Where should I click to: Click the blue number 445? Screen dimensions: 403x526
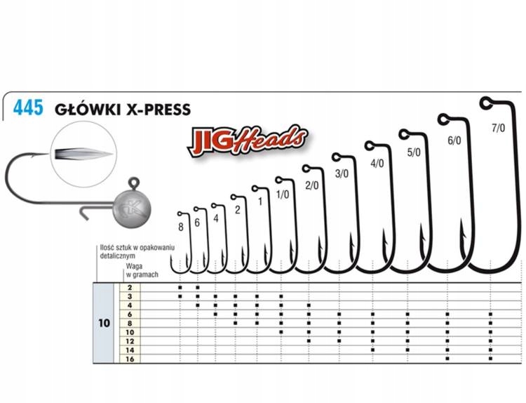[x=27, y=108]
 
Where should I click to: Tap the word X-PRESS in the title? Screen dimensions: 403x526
[x=155, y=109]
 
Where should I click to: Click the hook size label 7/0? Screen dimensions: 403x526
[x=499, y=128]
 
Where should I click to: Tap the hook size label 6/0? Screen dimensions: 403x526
[x=454, y=140]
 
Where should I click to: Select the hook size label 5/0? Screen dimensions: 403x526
[x=414, y=151]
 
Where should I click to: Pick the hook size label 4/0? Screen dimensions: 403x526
[x=377, y=163]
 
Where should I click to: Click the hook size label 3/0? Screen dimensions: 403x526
[x=342, y=173]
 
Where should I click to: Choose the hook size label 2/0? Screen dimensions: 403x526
[x=312, y=185]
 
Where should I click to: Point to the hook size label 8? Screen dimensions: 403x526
[x=181, y=227]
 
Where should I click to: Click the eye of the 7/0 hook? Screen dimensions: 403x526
[x=485, y=104]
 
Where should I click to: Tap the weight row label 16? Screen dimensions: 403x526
[x=129, y=359]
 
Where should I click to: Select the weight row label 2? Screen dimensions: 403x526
[x=129, y=288]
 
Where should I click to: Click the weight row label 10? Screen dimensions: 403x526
[x=129, y=331]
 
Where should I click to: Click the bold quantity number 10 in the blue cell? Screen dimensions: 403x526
[x=104, y=324]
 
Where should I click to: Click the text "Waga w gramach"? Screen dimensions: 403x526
[x=140, y=272]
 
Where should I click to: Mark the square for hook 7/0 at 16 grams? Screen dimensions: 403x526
[x=491, y=359]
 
